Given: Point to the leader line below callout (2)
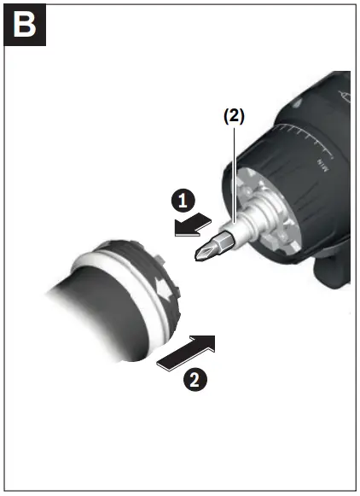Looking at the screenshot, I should [234, 171].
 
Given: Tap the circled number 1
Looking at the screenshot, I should [180, 201].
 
